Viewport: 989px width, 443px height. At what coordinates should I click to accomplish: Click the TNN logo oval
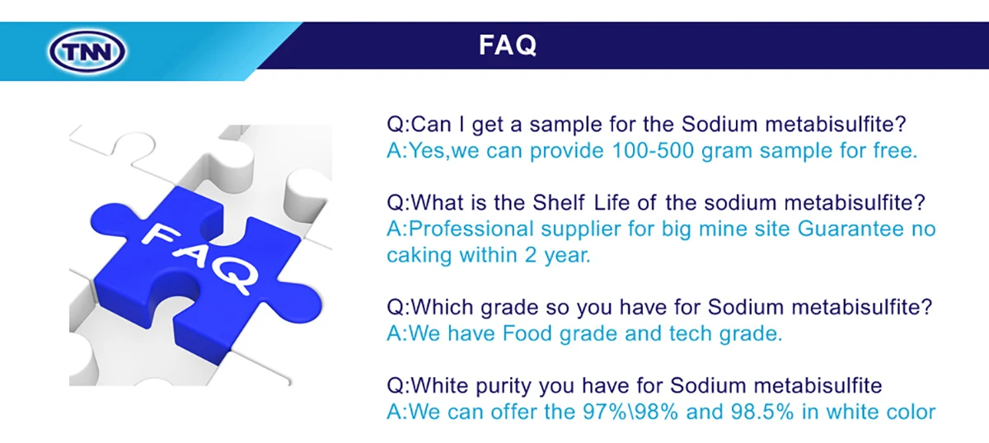pyautogui.click(x=89, y=52)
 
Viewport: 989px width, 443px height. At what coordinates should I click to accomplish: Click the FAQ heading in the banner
pyautogui.click(x=507, y=45)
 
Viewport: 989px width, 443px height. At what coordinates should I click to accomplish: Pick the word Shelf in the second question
pyautogui.click(x=565, y=203)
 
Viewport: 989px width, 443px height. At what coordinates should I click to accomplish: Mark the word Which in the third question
pyautogui.click(x=443, y=307)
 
